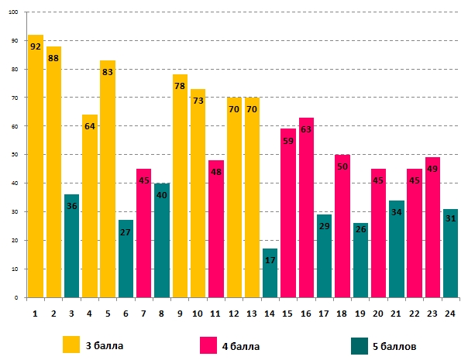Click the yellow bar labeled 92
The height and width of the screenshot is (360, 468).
pos(36,166)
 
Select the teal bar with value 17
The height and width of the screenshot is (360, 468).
pos(270,273)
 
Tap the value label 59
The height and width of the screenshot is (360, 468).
pos(288,141)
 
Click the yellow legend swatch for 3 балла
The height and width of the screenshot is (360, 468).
pos(71,343)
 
